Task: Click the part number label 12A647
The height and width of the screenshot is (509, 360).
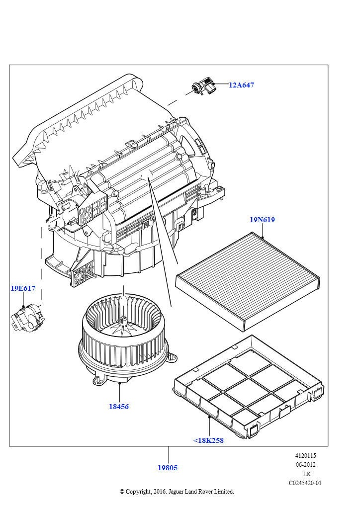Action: tap(241, 85)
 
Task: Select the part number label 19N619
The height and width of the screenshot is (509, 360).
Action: tap(262, 220)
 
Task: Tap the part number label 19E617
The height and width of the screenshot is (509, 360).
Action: tap(23, 288)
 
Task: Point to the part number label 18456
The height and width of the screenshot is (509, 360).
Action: tap(119, 407)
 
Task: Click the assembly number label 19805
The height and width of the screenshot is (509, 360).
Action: tap(168, 468)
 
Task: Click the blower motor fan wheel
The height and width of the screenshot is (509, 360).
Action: tap(122, 338)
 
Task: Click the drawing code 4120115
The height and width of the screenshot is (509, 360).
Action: tap(305, 456)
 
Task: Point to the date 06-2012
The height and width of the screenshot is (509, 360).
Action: tap(305, 465)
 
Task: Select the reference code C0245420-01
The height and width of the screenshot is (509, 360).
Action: tap(305, 483)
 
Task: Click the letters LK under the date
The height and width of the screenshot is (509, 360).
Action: tap(307, 474)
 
